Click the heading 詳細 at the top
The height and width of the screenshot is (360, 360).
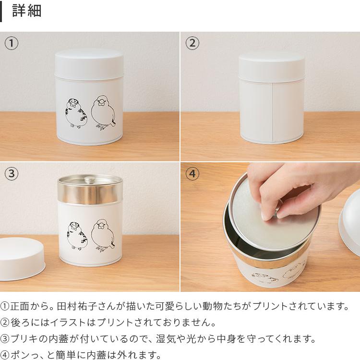pos(27,11)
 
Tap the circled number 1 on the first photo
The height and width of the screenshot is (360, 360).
pos(12,44)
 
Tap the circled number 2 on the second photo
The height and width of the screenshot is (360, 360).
pos(192,44)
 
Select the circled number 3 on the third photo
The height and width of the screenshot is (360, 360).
pos(12,174)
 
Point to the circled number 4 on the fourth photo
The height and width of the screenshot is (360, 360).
pos(192,174)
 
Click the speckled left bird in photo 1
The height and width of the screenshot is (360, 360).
pos(76,113)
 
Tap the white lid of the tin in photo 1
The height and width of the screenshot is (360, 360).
pos(89,62)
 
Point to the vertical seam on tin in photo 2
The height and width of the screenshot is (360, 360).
pos(273,111)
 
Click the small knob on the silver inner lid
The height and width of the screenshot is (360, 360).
pos(89,180)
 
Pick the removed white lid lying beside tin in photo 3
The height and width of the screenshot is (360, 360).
pos(21,259)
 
